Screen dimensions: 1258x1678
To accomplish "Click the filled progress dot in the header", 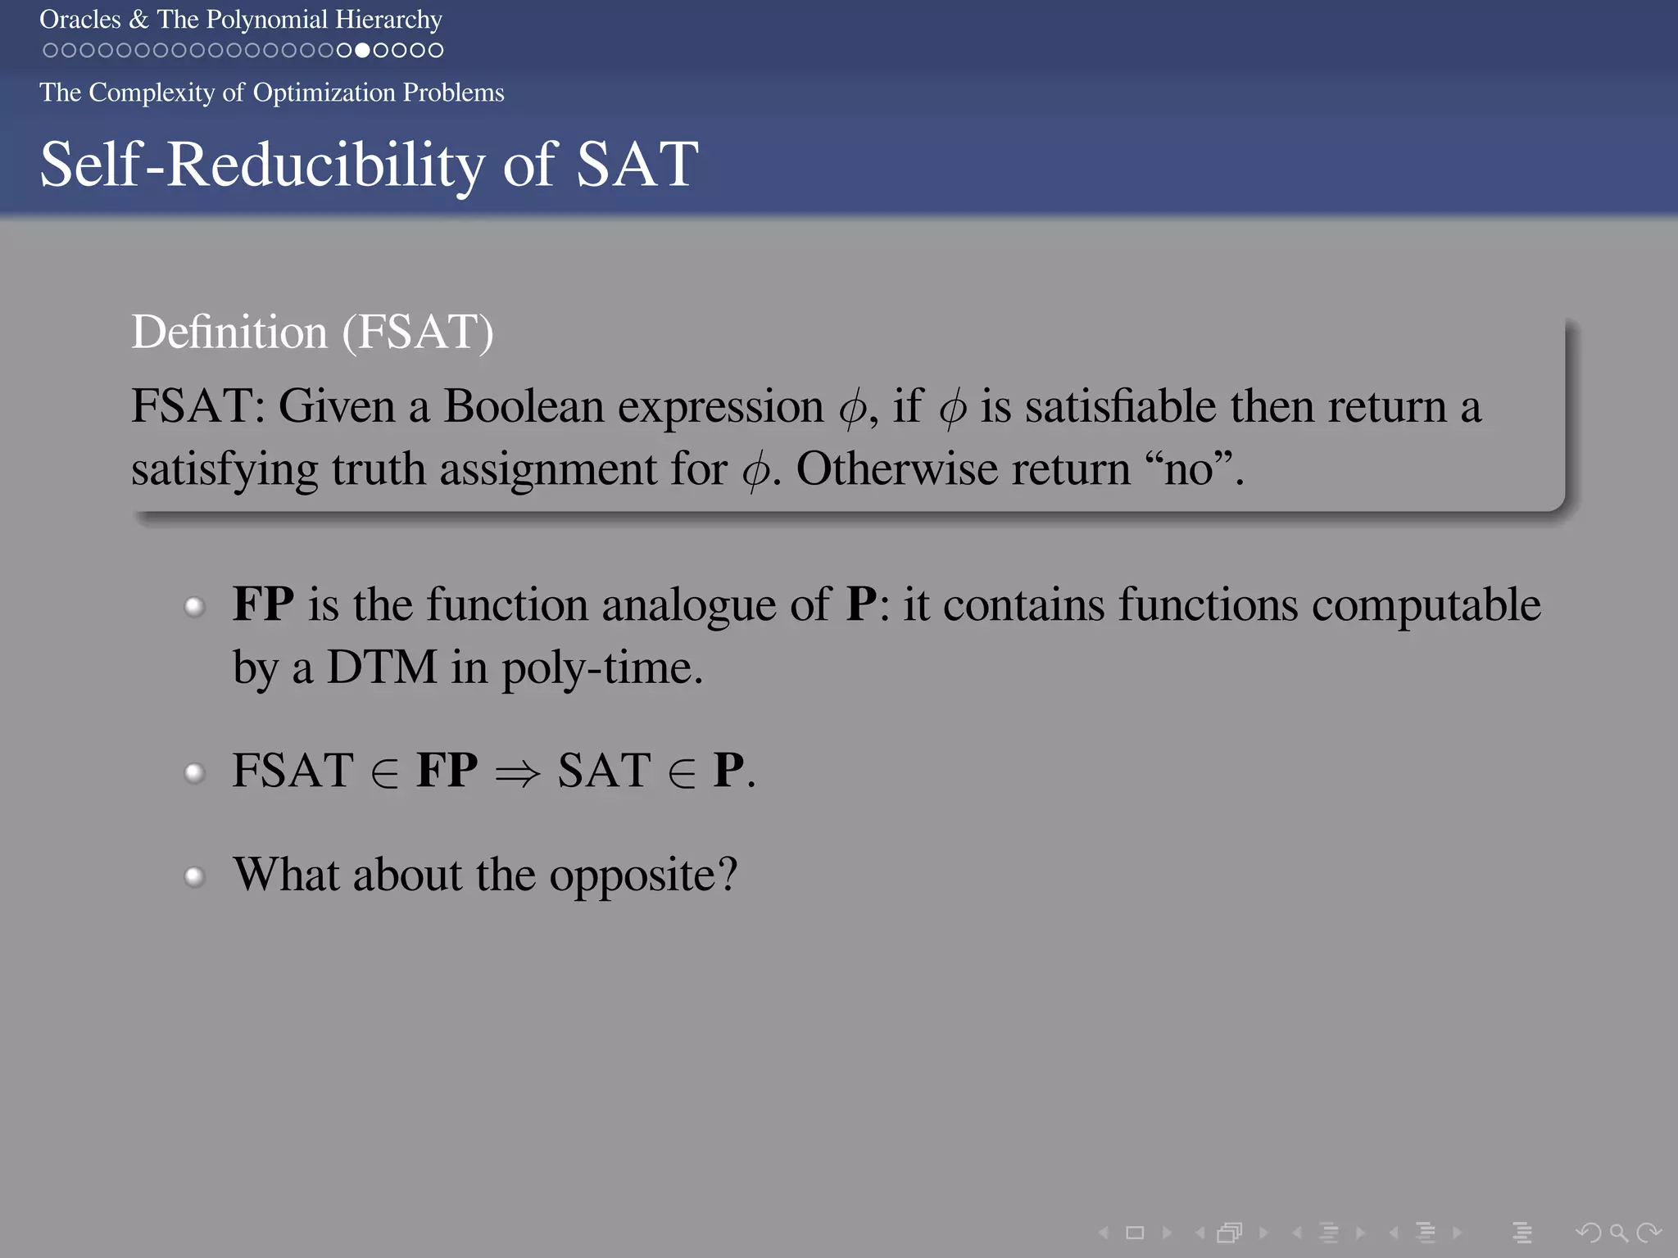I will coord(362,50).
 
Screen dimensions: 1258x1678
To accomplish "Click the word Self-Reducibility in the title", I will coord(262,165).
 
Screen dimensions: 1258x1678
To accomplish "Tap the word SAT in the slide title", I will coord(637,165).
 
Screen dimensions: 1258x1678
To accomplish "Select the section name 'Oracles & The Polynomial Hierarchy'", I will coord(241,19).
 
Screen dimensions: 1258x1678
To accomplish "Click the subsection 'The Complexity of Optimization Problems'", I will coord(271,93).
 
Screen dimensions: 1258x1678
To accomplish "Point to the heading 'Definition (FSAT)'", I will coord(312,332).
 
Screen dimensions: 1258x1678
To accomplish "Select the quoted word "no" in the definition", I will coord(1189,469).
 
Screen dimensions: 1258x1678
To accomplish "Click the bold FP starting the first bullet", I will coord(263,604).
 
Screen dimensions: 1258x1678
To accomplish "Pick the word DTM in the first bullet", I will coord(382,667).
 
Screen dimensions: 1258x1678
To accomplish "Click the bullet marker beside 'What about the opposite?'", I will coord(194,877).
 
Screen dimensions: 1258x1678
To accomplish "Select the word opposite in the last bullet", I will coord(642,876).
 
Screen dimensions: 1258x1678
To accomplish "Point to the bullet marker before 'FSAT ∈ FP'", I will coord(194,772).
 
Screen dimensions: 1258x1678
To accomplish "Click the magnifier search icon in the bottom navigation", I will coord(1618,1232).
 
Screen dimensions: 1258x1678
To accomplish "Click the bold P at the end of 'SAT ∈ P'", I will coord(728,771).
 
